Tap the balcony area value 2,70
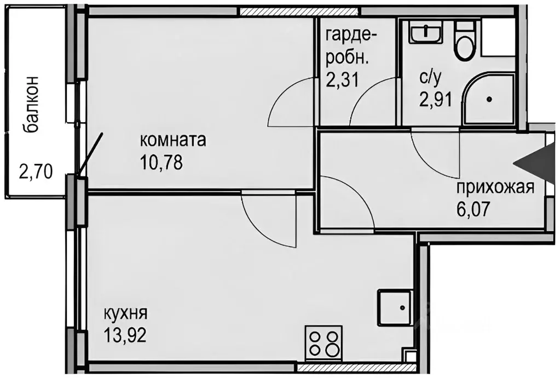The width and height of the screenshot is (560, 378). (x=35, y=173)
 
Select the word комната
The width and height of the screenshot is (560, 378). (x=173, y=141)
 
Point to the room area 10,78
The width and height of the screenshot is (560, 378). (x=161, y=162)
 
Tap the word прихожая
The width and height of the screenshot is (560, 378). (x=495, y=188)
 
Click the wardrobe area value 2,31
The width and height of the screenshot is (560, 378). (x=342, y=81)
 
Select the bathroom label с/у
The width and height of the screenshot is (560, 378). (x=429, y=78)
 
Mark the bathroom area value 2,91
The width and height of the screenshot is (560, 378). (x=436, y=100)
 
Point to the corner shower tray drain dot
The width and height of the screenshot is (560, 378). (x=488, y=99)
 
